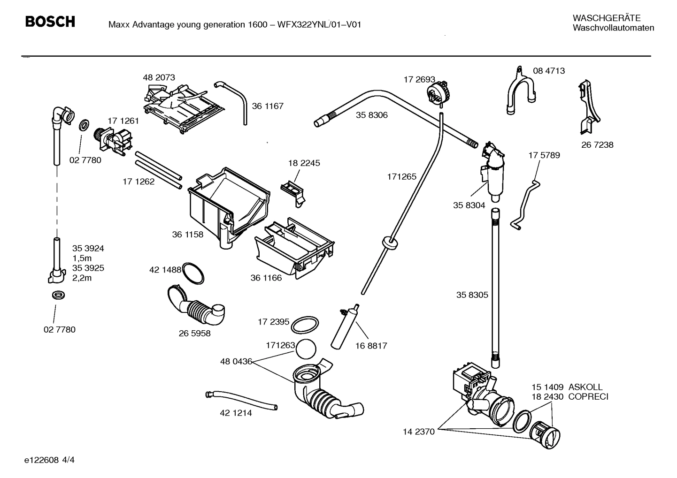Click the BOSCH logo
tap(50, 22)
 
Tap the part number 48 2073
tap(159, 77)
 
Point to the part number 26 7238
tap(597, 145)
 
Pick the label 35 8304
tap(469, 205)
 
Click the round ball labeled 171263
tap(307, 349)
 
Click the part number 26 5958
tap(194, 334)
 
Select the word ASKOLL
tap(585, 387)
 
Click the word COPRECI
tap(588, 397)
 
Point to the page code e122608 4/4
tap(49, 460)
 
